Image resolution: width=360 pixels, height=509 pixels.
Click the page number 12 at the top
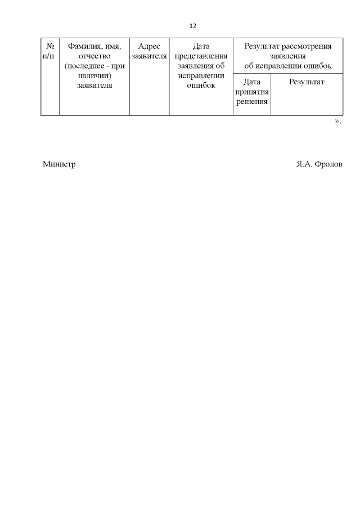click(x=193, y=26)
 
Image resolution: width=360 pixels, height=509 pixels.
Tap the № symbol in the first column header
click(x=50, y=46)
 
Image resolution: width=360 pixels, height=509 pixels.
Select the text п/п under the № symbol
click(x=50, y=56)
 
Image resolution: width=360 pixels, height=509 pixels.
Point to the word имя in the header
click(x=112, y=46)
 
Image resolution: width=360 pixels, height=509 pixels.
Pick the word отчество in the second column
click(x=94, y=56)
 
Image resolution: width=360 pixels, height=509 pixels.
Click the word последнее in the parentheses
click(x=86, y=66)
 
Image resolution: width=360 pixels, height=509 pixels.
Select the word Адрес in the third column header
click(x=149, y=46)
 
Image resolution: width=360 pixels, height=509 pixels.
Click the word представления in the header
click(x=201, y=56)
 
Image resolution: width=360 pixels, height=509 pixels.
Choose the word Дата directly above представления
click(x=201, y=46)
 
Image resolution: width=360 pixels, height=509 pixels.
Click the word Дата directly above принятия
click(x=252, y=82)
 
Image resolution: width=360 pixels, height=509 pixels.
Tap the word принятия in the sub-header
click(x=252, y=92)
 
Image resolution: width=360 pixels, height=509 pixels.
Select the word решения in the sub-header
click(x=252, y=101)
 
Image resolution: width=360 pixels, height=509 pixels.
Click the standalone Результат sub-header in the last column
click(x=307, y=82)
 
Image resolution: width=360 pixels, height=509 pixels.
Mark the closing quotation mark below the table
click(x=336, y=121)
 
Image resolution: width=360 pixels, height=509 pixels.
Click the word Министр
click(x=59, y=165)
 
